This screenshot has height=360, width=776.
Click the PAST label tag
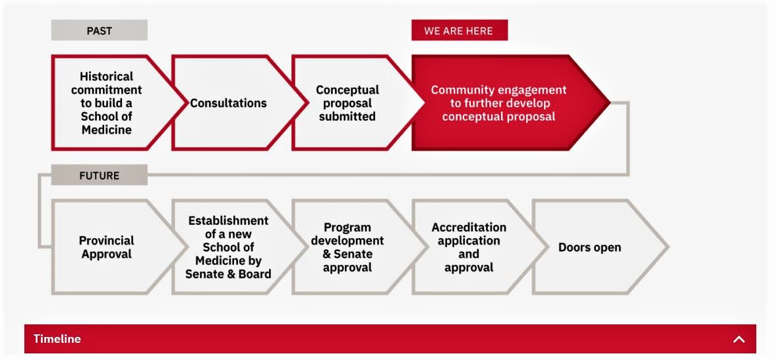coord(100,30)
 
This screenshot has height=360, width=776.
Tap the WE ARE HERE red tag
coord(460,30)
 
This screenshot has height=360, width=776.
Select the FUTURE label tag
coord(100,175)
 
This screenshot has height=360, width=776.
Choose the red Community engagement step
coord(510,102)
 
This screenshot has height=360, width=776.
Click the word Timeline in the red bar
coord(57,339)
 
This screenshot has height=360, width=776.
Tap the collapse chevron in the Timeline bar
coord(738,339)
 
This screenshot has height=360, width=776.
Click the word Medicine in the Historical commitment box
coord(106,130)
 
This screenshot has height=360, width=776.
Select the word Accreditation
coord(469,227)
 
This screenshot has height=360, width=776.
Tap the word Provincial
coord(106,241)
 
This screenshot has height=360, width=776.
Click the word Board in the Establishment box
coord(255,274)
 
